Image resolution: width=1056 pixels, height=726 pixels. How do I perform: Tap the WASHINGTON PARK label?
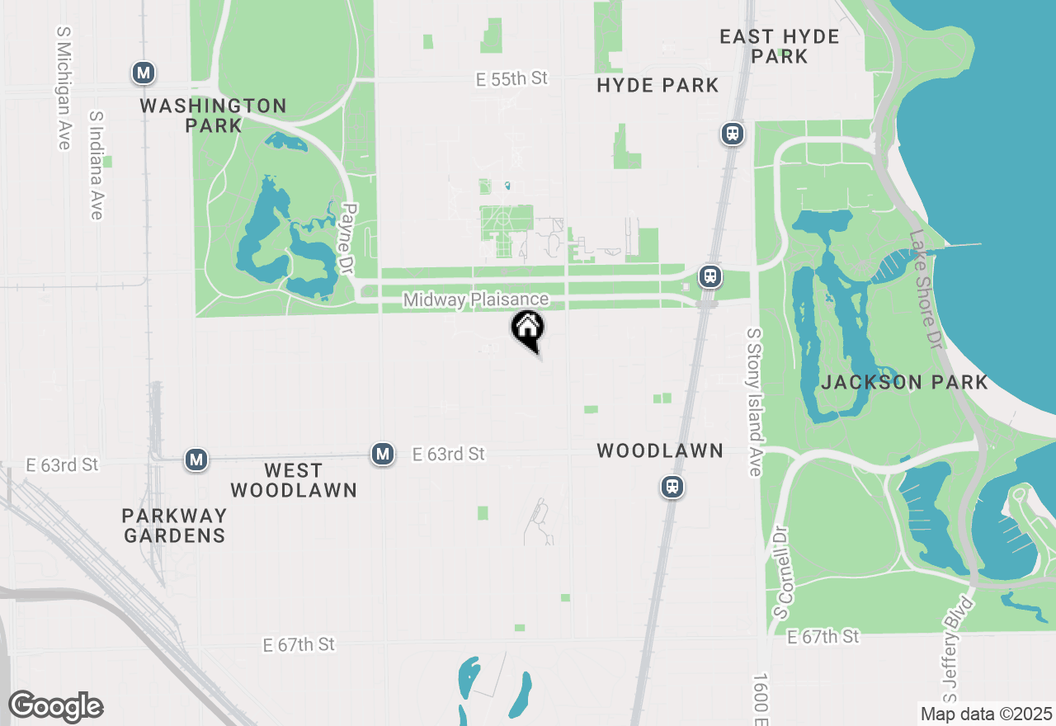pos(213,115)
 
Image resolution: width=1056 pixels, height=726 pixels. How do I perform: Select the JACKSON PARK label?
pos(904,382)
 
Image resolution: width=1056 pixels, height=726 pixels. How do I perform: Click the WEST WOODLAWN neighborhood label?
pos(294,480)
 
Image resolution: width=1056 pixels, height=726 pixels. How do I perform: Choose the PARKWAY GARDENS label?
pos(174,526)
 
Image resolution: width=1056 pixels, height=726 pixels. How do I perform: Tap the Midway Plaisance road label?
pos(476,299)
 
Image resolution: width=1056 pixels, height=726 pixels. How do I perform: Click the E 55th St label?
pos(512,78)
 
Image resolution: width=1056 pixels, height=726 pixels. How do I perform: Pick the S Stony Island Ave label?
pos(754,402)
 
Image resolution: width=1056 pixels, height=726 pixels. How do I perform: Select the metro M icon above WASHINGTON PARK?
pos(144,73)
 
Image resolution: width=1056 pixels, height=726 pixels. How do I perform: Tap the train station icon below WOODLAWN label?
pos(673,487)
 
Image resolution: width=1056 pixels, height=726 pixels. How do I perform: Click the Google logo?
pos(55,706)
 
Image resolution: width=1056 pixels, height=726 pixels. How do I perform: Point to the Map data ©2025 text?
pos(986,714)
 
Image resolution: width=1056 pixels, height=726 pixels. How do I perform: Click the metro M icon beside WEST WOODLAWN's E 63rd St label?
pos(382,454)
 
